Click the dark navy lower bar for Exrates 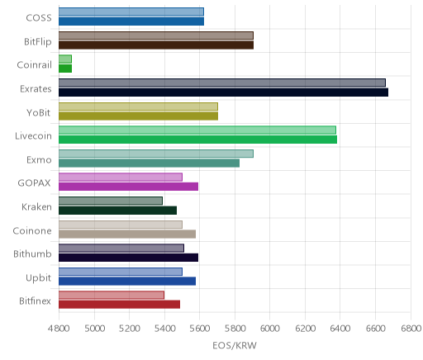(223, 92)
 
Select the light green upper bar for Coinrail (65, 59)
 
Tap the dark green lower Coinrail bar (65, 69)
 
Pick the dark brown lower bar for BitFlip (156, 45)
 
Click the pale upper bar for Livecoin (197, 130)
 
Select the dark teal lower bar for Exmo (149, 163)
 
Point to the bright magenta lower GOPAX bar (128, 187)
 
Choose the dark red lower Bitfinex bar (119, 305)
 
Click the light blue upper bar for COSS (131, 12)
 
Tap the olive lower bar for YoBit (138, 116)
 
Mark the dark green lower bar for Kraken (117, 211)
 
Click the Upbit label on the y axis (38, 278)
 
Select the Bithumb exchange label (32, 253)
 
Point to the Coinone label (32, 230)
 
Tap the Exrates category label (36, 89)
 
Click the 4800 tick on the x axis (59, 329)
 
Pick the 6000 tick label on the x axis (270, 329)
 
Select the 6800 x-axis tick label (411, 329)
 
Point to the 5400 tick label (164, 329)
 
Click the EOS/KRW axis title (235, 345)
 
